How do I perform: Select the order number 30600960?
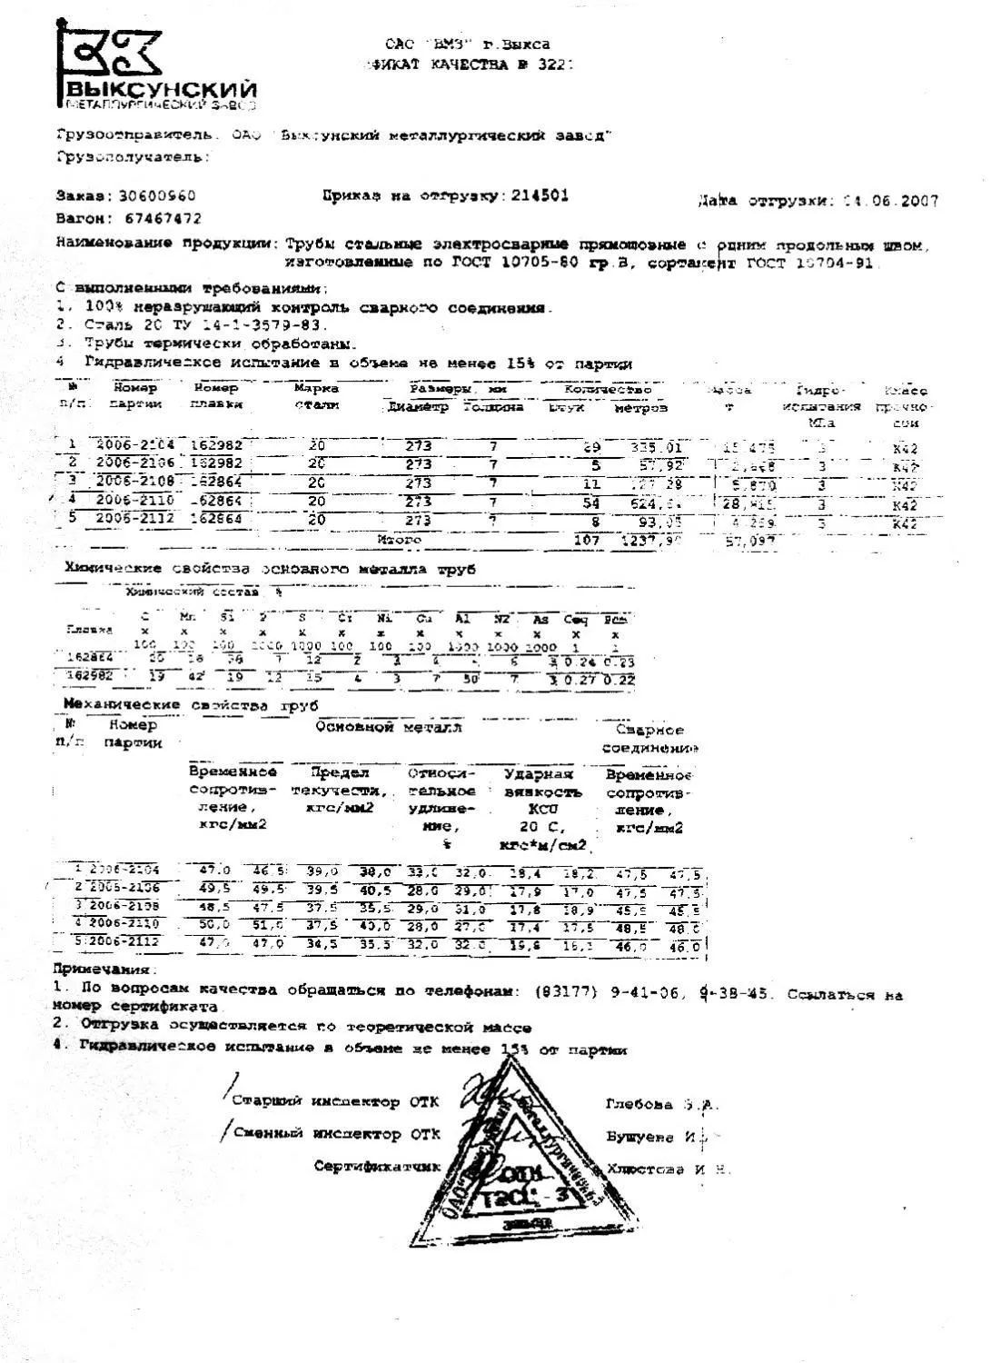[x=151, y=195]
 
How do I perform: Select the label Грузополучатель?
[x=133, y=157]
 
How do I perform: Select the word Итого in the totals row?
[x=400, y=540]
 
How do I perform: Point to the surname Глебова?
[x=639, y=1105]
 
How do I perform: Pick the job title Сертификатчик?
[x=377, y=1166]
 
